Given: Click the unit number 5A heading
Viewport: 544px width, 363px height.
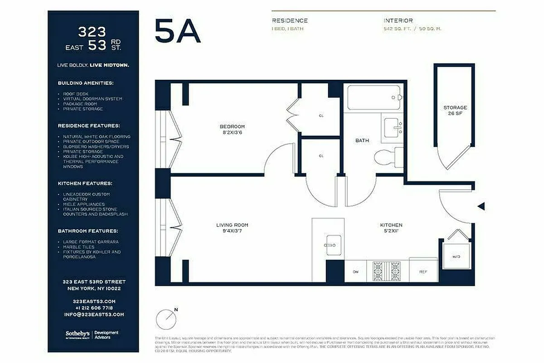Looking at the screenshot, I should coord(177,31).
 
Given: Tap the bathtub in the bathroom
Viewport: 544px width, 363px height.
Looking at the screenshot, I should coord(374,98).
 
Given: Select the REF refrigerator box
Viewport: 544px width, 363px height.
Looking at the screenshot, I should coord(423,272).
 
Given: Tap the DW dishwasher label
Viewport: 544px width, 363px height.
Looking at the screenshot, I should coord(356,272).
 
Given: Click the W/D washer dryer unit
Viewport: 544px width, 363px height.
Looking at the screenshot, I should coord(456,257).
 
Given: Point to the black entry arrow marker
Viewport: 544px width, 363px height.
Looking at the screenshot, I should coord(481,206).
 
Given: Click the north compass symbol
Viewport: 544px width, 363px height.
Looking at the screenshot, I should coord(166,319).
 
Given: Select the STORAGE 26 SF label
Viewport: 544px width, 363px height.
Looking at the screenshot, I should coord(455,110).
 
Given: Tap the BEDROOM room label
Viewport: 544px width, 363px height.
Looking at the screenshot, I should coord(232,127).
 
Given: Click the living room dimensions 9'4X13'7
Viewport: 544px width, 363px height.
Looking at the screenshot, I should coord(232,231).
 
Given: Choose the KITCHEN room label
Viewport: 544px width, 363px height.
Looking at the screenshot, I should coord(391,225).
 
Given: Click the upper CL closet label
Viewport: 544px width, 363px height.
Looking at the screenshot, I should coord(321,116).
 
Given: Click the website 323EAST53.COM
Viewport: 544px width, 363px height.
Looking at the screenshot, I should coord(94,301).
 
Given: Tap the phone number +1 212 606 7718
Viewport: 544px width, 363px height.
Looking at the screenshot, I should coord(94,308).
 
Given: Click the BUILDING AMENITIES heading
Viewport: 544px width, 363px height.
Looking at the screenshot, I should coord(86,83).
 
